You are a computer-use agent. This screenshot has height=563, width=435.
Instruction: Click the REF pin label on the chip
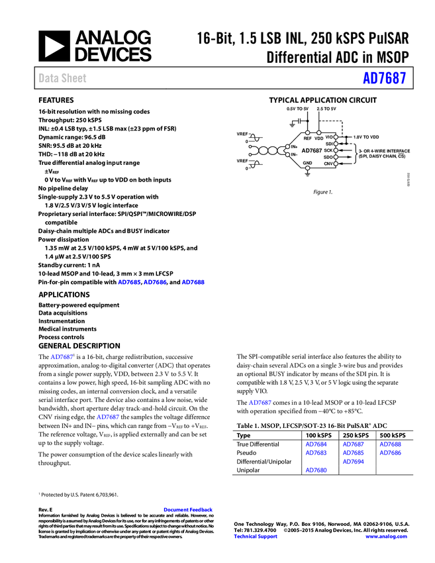click(x=307, y=138)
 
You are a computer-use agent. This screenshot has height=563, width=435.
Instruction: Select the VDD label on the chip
click(x=318, y=138)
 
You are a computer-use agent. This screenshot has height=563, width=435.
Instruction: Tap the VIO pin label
click(x=329, y=137)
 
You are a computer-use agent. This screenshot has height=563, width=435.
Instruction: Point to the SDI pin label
click(x=329, y=144)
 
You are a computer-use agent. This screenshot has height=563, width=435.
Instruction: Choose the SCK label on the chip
click(x=328, y=150)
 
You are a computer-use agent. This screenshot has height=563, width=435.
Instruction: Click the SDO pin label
click(x=328, y=157)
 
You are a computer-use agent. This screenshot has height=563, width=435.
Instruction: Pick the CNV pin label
click(x=328, y=164)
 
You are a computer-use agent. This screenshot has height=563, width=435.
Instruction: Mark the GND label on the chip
click(x=307, y=163)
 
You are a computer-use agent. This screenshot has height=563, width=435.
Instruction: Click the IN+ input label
click(x=294, y=146)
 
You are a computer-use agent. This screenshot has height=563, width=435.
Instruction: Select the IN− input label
click(x=294, y=154)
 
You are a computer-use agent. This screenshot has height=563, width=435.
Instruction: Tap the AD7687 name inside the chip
click(x=312, y=151)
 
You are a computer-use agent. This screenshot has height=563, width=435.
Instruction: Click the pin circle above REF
click(x=307, y=132)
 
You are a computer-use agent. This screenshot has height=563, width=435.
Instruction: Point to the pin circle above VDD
click(x=318, y=132)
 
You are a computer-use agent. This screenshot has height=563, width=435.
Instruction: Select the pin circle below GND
click(x=307, y=168)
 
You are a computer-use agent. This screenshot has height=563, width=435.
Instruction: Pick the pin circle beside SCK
click(x=336, y=150)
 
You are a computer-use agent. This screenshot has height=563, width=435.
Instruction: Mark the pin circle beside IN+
click(x=287, y=146)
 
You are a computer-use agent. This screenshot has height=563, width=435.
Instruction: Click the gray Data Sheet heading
click(x=63, y=78)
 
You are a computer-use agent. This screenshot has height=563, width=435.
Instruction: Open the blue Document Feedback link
click(x=189, y=510)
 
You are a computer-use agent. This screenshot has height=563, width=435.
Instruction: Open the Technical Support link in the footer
click(x=256, y=537)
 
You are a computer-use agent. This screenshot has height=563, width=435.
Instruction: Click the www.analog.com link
click(x=386, y=537)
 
